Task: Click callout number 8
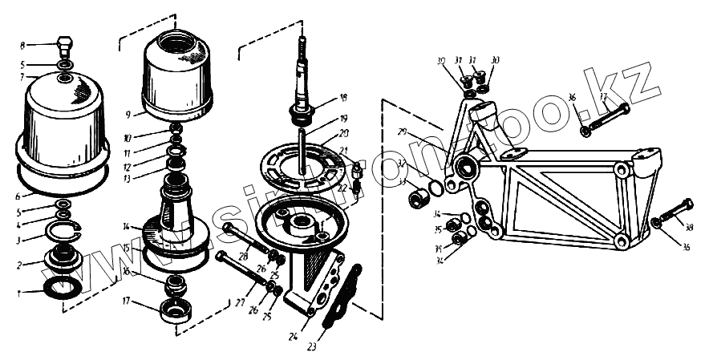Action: click(22, 45)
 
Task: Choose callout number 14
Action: click(127, 227)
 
